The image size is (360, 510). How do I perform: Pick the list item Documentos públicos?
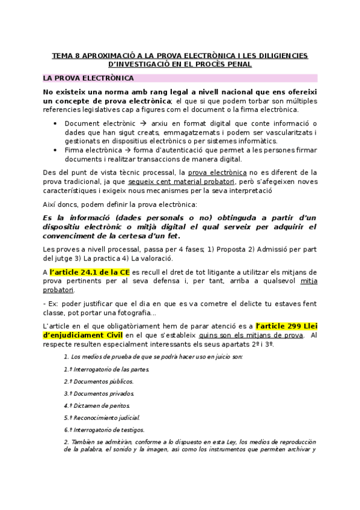[x=99, y=381]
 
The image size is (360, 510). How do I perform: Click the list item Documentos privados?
[x=99, y=393]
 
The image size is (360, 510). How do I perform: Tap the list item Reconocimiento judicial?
[x=102, y=417]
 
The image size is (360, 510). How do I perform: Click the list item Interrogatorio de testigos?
[x=103, y=430]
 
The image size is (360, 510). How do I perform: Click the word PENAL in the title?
[x=239, y=64]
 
